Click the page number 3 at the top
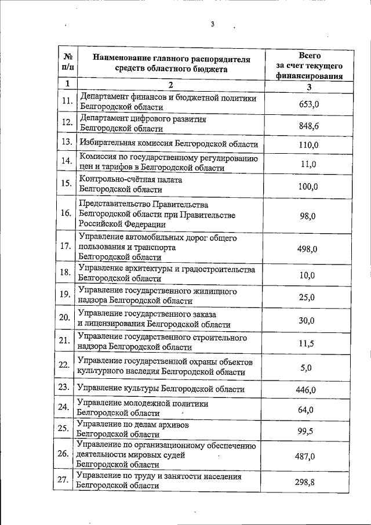[213, 24]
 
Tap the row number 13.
[66, 142]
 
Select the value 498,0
[307, 249]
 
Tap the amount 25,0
[307, 297]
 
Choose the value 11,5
[307, 343]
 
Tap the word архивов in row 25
[172, 425]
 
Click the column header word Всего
[310, 56]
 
